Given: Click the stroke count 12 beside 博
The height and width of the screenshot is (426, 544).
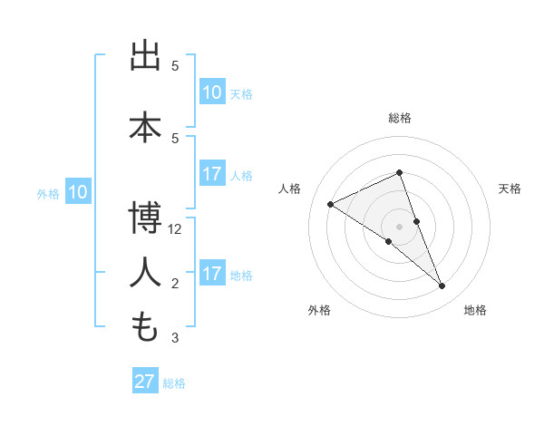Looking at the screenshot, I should pyautogui.click(x=175, y=229).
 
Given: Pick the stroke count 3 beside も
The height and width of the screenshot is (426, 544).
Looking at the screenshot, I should pyautogui.click(x=175, y=339).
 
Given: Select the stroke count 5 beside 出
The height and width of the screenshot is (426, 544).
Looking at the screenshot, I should pyautogui.click(x=175, y=66).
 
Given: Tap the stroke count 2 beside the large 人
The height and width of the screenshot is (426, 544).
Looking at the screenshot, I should pyautogui.click(x=175, y=284).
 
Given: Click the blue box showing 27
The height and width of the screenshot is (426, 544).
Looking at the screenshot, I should pyautogui.click(x=145, y=382).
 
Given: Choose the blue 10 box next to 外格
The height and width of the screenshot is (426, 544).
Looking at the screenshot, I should pyautogui.click(x=77, y=192).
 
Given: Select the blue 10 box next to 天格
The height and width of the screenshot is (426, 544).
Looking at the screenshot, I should pyautogui.click(x=212, y=92).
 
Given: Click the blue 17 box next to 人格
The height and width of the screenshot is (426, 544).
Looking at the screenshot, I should pyautogui.click(x=212, y=175).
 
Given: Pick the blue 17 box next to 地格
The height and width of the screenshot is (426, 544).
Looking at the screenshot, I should pyautogui.click(x=212, y=275).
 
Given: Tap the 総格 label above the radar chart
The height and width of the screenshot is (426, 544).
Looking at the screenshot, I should pyautogui.click(x=400, y=118).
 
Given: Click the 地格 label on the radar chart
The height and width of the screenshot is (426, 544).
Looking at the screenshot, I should pyautogui.click(x=475, y=310).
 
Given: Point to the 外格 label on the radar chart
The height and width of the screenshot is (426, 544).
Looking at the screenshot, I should pyautogui.click(x=319, y=310).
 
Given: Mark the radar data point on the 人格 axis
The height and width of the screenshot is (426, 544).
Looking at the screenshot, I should pyautogui.click(x=331, y=204).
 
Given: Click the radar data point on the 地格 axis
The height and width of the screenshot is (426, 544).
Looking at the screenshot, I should pyautogui.click(x=442, y=286).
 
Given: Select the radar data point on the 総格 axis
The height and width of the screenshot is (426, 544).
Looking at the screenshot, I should pyautogui.click(x=400, y=172).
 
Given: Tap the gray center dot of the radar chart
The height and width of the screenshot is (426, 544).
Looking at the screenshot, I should pyautogui.click(x=400, y=227).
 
